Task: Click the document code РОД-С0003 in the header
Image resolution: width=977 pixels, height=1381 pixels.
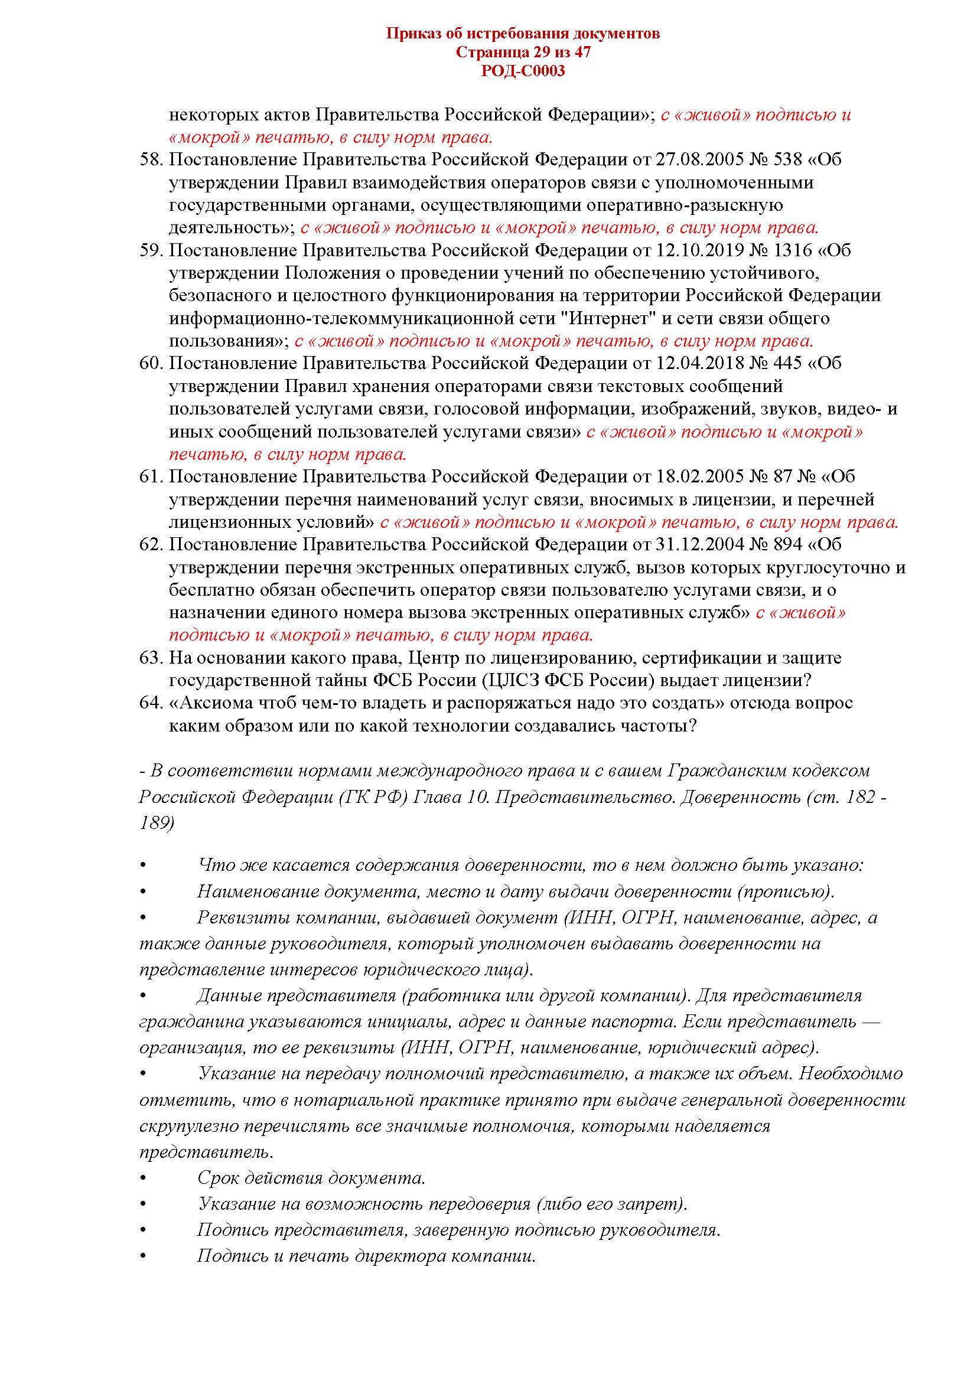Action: [x=523, y=71]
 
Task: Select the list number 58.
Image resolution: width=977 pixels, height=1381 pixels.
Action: [x=151, y=159]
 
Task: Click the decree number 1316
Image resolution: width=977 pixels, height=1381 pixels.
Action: [x=792, y=250]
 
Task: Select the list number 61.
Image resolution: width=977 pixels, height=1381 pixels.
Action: [x=151, y=476]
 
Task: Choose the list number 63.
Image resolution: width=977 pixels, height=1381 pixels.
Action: [x=151, y=657]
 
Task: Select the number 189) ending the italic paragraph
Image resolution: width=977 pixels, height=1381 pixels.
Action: [x=157, y=823]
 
